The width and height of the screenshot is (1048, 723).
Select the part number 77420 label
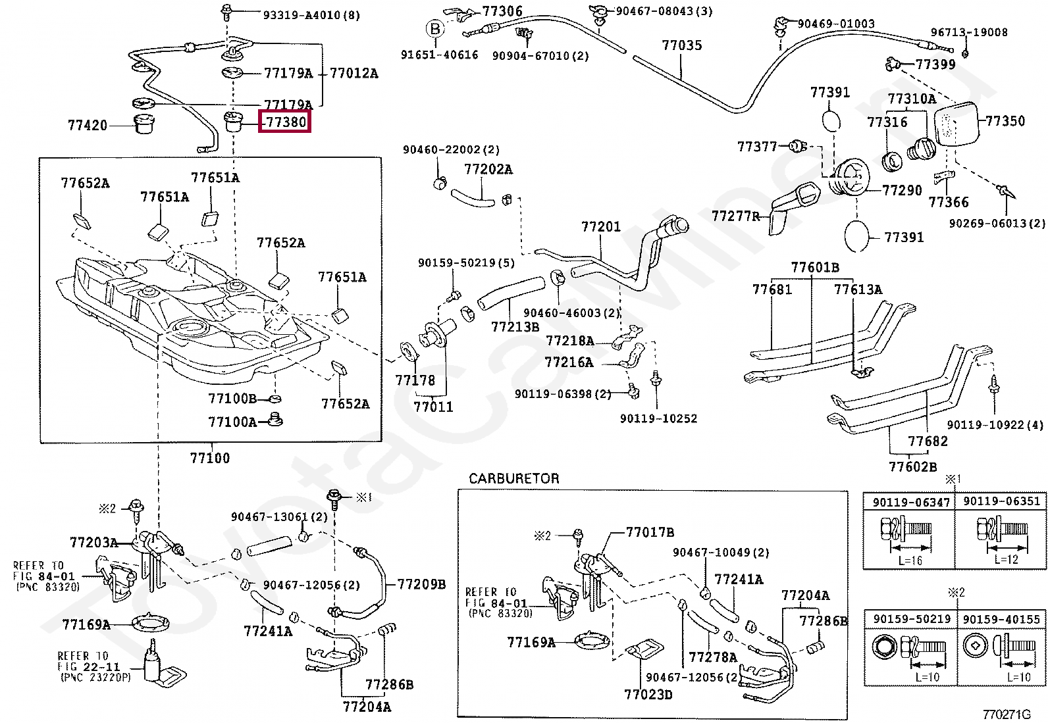click(88, 126)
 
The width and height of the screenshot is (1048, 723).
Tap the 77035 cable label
click(682, 45)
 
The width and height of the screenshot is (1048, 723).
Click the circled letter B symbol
click(434, 29)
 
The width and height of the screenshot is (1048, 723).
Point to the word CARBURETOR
click(513, 478)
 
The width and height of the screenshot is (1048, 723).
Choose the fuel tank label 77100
click(209, 458)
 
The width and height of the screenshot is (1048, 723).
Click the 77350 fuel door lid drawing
click(957, 124)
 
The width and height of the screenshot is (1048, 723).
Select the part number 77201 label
click(601, 227)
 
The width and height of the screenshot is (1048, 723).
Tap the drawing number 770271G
click(1006, 714)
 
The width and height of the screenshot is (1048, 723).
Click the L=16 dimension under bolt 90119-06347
click(910, 561)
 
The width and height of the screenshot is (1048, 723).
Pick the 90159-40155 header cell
click(1001, 619)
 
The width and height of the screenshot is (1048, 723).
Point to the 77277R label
click(735, 216)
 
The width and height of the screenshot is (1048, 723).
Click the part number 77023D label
click(648, 695)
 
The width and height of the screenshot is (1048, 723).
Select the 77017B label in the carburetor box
click(650, 532)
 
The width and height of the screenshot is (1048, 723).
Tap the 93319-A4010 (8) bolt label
click(311, 15)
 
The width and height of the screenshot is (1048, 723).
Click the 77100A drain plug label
click(232, 422)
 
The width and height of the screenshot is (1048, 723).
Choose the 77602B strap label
click(912, 466)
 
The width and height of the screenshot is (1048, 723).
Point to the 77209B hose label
click(421, 584)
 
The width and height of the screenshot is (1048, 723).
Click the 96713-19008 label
click(969, 32)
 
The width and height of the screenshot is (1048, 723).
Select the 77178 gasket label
click(415, 381)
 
